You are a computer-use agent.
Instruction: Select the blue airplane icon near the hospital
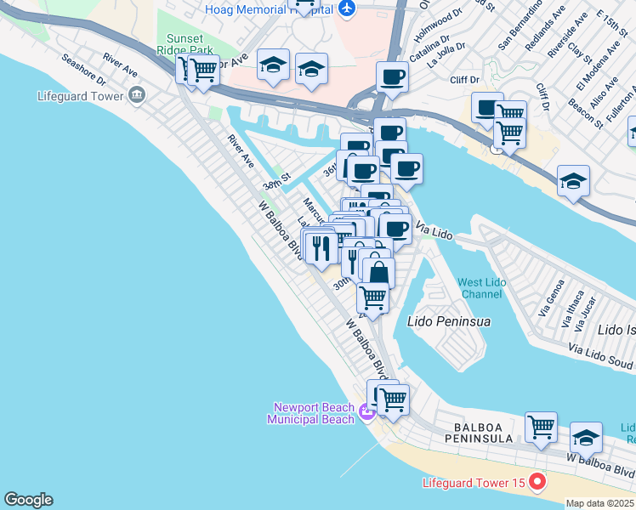[x=346, y=8]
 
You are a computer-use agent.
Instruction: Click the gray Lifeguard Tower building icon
[x=137, y=96]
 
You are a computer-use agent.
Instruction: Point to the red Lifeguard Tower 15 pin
[x=537, y=483]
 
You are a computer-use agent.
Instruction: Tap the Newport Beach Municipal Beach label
[x=311, y=413]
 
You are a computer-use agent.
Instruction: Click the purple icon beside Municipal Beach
[x=366, y=413]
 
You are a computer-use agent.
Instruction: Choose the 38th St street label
[x=277, y=182]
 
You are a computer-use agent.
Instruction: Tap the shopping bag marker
[x=379, y=274]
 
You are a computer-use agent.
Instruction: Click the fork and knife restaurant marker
[x=321, y=247]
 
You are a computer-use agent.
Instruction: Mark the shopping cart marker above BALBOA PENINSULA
[x=541, y=427]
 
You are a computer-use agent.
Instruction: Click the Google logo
[x=28, y=500]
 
